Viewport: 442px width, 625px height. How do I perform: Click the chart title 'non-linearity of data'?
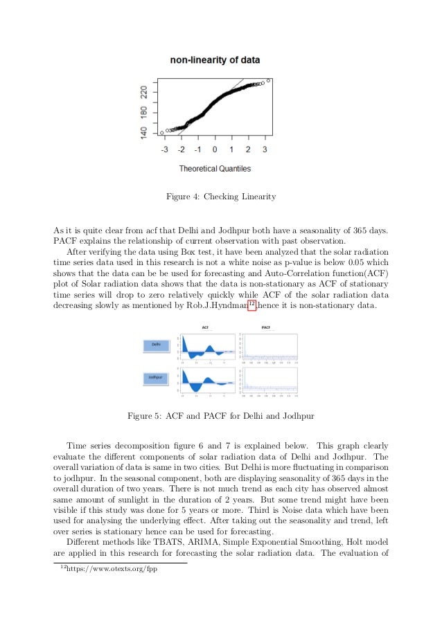pyautogui.click(x=215, y=60)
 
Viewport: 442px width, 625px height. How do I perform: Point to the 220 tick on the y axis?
pyautogui.click(x=144, y=91)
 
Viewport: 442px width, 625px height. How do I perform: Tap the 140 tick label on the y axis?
pyautogui.click(x=144, y=131)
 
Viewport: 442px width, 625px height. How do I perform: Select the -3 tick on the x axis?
pyautogui.click(x=164, y=149)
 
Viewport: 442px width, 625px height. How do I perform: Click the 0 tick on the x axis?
pyautogui.click(x=215, y=149)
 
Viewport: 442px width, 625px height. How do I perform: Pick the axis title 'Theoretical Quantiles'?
pyautogui.click(x=215, y=168)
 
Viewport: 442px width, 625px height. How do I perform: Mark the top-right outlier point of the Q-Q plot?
pyautogui.click(x=269, y=80)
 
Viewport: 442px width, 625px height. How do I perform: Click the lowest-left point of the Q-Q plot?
pyautogui.click(x=162, y=132)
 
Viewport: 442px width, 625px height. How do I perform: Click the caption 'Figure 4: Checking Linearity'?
pyautogui.click(x=221, y=197)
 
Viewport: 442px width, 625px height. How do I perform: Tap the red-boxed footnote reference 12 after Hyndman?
pyautogui.click(x=252, y=306)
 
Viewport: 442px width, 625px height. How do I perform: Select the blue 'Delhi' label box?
pyautogui.click(x=157, y=345)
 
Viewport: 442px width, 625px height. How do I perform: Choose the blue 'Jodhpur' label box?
pyautogui.click(x=157, y=377)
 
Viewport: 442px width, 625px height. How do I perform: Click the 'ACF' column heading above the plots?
pyautogui.click(x=206, y=327)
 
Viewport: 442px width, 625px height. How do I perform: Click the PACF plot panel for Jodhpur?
pyautogui.click(x=269, y=382)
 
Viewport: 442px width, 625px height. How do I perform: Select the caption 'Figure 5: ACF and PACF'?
pyautogui.click(x=221, y=416)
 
